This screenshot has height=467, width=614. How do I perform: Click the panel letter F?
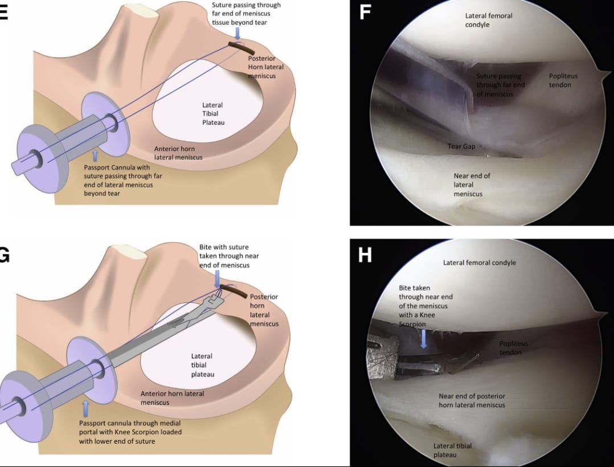pos(365,13)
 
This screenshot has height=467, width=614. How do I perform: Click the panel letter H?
pos(365,255)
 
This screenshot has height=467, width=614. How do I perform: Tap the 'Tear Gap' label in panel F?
pos(461,146)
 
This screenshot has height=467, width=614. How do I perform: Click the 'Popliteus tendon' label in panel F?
pos(560,80)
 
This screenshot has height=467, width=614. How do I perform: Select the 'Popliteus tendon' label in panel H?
pos(513,347)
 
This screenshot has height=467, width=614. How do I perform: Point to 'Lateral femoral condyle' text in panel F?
pos(488,20)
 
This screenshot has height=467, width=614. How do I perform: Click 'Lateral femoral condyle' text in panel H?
pos(479,263)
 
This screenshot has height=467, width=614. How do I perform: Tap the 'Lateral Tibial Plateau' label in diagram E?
pos(212,113)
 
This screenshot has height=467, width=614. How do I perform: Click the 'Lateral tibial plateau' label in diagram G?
pos(202,365)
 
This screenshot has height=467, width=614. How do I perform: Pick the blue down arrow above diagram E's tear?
pos(238,34)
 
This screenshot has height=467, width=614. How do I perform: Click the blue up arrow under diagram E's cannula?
pos(95,155)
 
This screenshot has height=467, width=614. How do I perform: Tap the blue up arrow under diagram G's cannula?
pos(86,407)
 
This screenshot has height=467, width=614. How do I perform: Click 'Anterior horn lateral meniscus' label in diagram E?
pos(178,153)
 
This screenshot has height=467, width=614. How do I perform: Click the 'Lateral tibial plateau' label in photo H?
pos(452,450)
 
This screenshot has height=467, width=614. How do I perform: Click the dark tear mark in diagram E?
pos(239,45)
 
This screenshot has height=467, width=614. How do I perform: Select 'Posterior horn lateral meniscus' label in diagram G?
pos(264,310)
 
